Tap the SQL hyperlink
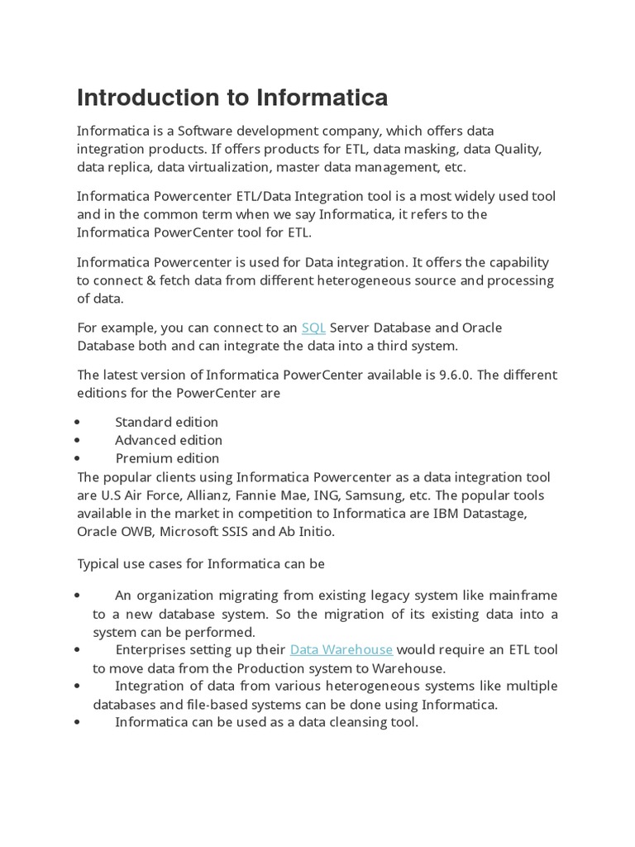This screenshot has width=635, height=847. (x=313, y=328)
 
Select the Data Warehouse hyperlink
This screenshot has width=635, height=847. (x=341, y=650)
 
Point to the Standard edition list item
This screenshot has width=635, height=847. (x=166, y=423)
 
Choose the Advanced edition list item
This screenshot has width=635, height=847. (x=168, y=440)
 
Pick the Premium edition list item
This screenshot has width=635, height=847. (x=167, y=458)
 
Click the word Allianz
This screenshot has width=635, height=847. (x=204, y=495)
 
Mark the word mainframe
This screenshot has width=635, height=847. (x=523, y=596)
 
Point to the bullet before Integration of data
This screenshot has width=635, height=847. (x=77, y=687)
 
